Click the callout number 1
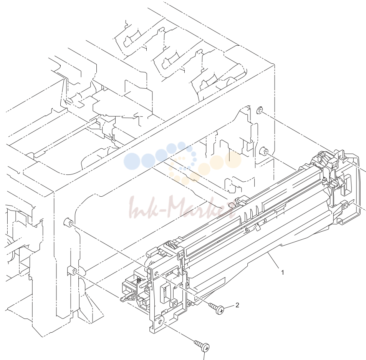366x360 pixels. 283,272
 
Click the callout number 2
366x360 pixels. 237,305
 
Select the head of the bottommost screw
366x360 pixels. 205,348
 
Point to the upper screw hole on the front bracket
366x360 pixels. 157,274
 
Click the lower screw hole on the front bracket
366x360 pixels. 161,322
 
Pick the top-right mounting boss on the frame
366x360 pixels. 260,110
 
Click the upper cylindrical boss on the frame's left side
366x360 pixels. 68,222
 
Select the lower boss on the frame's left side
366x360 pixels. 73,271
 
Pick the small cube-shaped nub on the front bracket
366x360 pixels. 173,303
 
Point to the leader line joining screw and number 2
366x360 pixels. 229,307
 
